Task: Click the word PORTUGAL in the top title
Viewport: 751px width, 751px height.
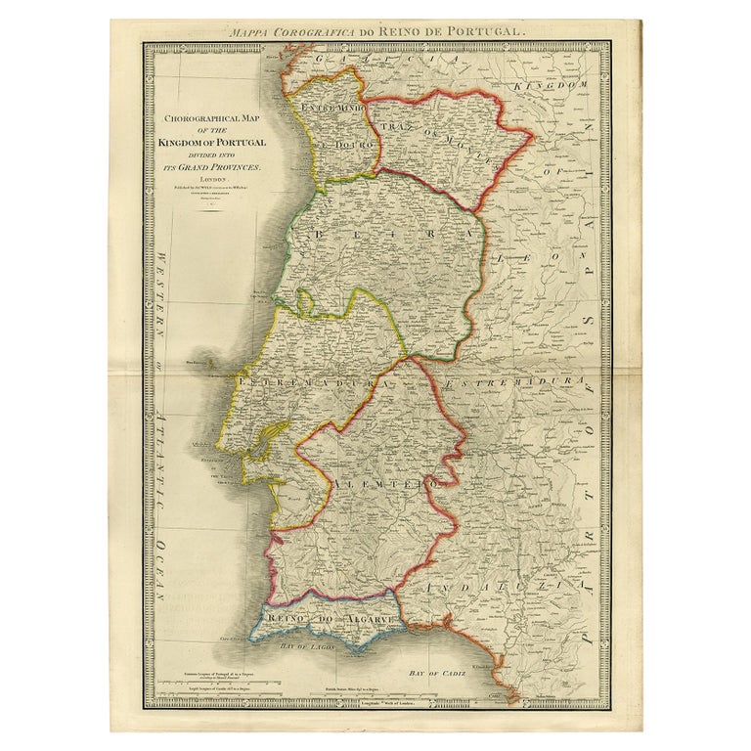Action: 482,32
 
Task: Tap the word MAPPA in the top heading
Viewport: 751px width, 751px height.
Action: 250,32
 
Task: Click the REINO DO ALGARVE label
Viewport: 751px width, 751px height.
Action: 329,621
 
